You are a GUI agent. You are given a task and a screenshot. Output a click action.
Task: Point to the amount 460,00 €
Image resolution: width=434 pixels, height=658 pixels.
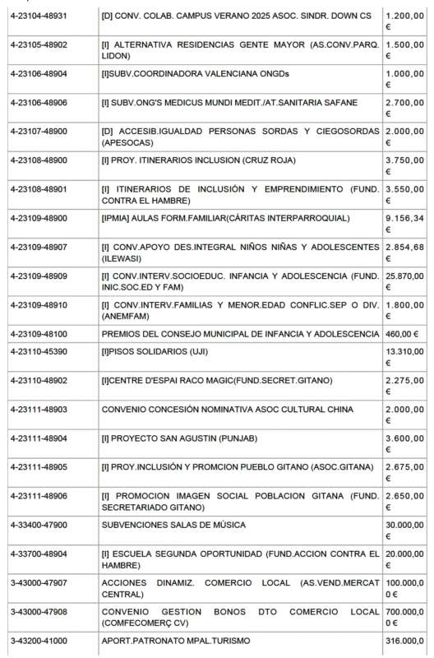point(402,335)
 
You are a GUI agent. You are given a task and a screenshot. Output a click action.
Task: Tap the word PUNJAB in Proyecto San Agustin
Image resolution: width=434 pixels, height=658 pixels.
point(234,438)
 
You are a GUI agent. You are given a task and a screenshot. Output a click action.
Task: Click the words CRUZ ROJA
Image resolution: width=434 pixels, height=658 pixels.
point(279,160)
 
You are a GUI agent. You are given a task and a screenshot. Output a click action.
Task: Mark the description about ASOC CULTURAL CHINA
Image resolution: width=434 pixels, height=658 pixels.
point(227,409)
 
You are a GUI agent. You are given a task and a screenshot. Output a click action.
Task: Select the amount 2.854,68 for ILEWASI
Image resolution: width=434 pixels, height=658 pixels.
point(405,247)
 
